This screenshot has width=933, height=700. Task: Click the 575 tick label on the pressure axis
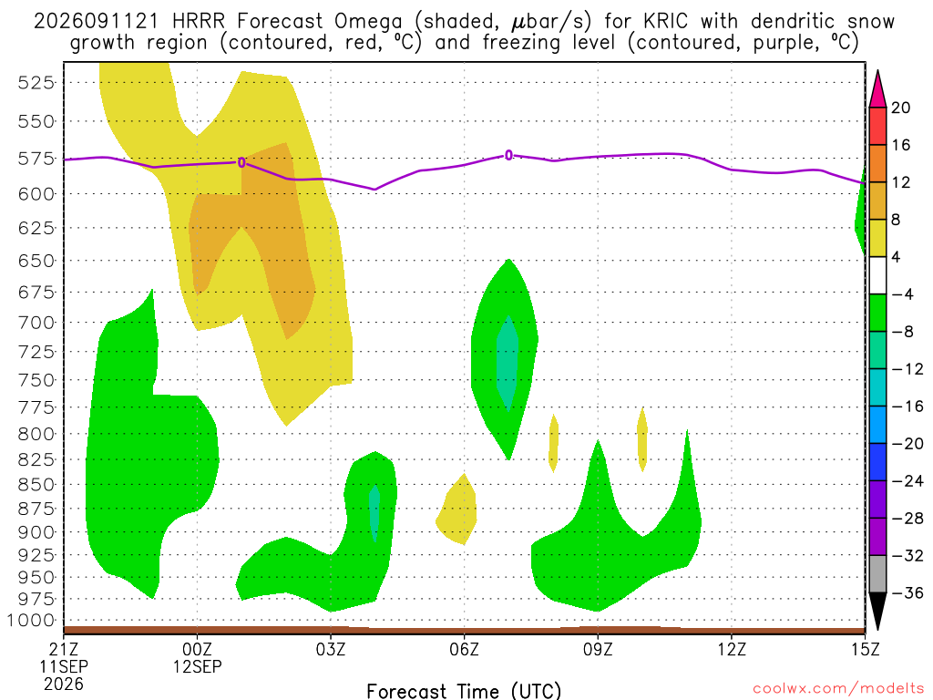click(x=36, y=159)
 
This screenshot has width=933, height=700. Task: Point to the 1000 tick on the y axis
click(x=31, y=621)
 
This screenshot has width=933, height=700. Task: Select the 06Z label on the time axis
click(x=464, y=649)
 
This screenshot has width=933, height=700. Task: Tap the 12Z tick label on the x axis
click(x=732, y=649)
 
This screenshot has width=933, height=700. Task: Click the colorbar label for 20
click(x=901, y=108)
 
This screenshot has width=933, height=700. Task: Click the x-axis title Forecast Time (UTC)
click(x=464, y=691)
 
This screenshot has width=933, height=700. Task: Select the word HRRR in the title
click(x=198, y=22)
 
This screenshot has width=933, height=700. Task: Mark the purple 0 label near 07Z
click(x=508, y=155)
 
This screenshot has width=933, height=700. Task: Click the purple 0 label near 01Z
click(x=241, y=162)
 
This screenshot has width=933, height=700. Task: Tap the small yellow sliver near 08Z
click(x=553, y=444)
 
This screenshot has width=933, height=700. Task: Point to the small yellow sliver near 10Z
click(x=642, y=439)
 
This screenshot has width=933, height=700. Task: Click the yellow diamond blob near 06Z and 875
click(x=457, y=510)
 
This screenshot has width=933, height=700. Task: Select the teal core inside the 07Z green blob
click(x=508, y=364)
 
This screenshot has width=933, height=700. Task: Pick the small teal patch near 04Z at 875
click(x=374, y=512)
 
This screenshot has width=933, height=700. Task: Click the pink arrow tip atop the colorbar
click(x=877, y=71)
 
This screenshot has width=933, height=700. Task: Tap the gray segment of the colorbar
click(x=877, y=574)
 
